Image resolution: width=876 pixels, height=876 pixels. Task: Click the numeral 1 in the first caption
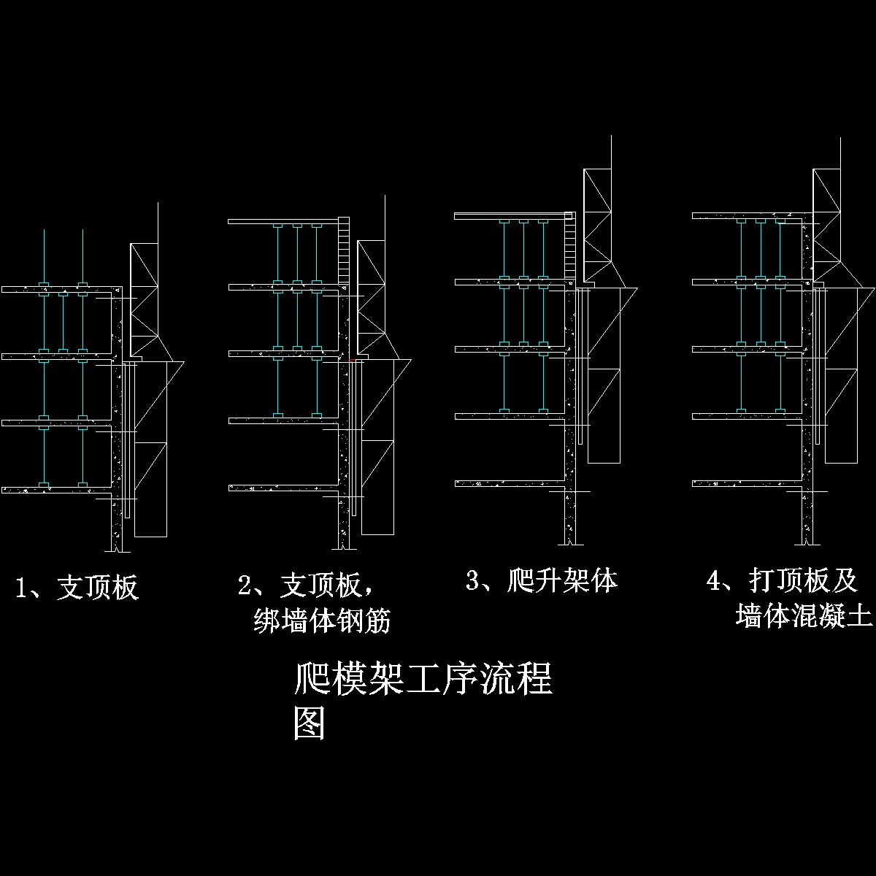pos(23,588)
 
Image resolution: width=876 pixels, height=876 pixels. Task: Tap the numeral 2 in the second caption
pos(245,585)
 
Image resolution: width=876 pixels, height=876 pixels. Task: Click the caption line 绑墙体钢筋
pos(322,621)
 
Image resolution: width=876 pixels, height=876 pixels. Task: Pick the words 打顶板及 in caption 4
pos(803,581)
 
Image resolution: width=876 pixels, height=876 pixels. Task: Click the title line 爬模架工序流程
pos(423,679)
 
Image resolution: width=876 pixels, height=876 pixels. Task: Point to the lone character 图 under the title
pos(309,723)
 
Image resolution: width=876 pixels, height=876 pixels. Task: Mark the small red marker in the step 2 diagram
pos(352,360)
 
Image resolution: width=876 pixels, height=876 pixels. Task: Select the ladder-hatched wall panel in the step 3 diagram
pos(570,247)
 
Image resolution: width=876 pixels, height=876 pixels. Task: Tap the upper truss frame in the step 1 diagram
pos(144,299)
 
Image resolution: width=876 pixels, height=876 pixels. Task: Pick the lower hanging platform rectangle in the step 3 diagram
pos(604,416)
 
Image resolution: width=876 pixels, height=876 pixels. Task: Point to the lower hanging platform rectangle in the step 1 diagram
pos(151,489)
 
